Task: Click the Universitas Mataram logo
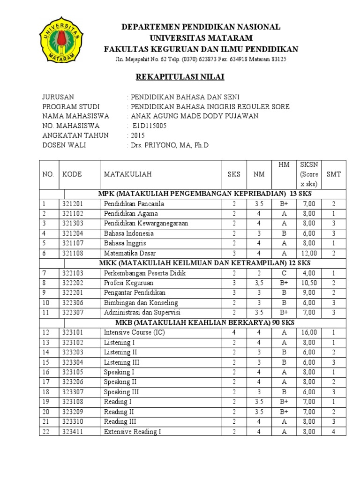click(61, 40)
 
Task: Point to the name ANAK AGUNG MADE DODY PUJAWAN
click(195, 116)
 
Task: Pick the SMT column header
click(334, 174)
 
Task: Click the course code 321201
click(72, 204)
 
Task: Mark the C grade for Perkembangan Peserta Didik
click(284, 273)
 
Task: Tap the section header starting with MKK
click(204, 263)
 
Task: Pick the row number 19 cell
click(46, 402)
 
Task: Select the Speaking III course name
click(121, 392)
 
